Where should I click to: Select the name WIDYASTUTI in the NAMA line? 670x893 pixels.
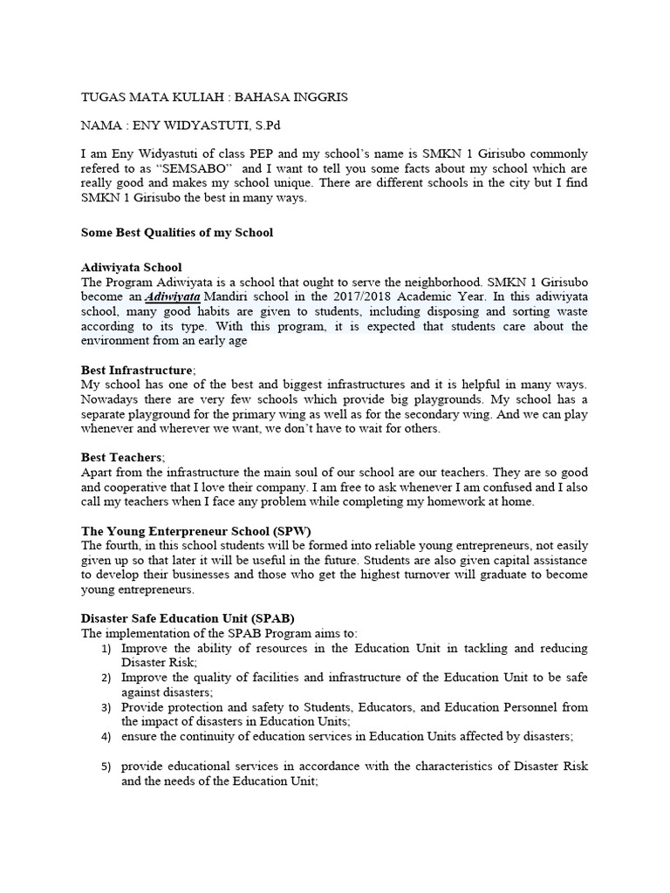coord(191,126)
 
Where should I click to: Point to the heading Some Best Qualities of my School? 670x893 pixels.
coord(177,233)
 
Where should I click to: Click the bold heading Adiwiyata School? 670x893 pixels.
coord(132,267)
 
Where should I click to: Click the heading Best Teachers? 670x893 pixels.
coord(121,457)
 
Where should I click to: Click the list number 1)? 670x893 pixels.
coord(106,649)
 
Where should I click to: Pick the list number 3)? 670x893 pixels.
coord(106,707)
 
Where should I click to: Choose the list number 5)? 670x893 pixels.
coord(106,767)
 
